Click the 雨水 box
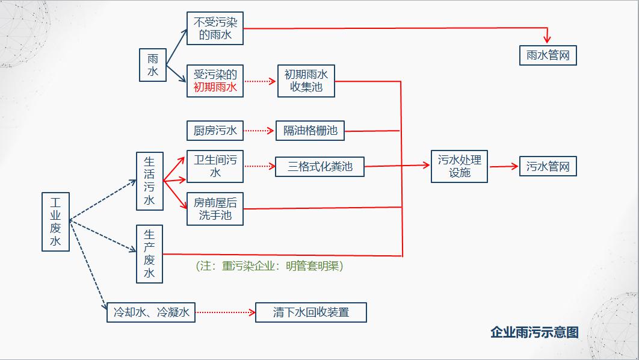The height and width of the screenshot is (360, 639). (x=153, y=65)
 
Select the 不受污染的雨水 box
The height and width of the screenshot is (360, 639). (x=215, y=28)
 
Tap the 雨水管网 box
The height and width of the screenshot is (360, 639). (x=548, y=55)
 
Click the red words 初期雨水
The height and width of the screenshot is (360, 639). (x=215, y=87)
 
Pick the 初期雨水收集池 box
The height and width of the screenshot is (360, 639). (x=306, y=81)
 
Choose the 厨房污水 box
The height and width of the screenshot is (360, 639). (x=215, y=131)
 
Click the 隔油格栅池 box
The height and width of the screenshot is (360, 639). (x=310, y=131)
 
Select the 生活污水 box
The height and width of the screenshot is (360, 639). (x=150, y=181)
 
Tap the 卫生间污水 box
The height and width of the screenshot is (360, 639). (x=215, y=166)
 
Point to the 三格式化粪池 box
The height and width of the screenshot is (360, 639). (x=320, y=166)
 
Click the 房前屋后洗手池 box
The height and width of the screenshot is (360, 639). (x=215, y=209)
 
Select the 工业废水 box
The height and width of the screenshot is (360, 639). (x=55, y=222)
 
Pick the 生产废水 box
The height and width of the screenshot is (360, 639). (x=150, y=254)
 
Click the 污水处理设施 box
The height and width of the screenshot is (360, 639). (x=459, y=166)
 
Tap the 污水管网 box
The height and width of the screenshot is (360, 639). (x=548, y=166)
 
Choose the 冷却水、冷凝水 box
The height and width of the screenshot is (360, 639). (x=151, y=312)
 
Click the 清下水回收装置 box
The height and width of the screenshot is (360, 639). (x=311, y=312)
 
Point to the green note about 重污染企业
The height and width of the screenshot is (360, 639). (x=270, y=266)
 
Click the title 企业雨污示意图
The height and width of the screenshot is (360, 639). (x=534, y=332)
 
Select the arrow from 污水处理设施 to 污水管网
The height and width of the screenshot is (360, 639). (x=504, y=166)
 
